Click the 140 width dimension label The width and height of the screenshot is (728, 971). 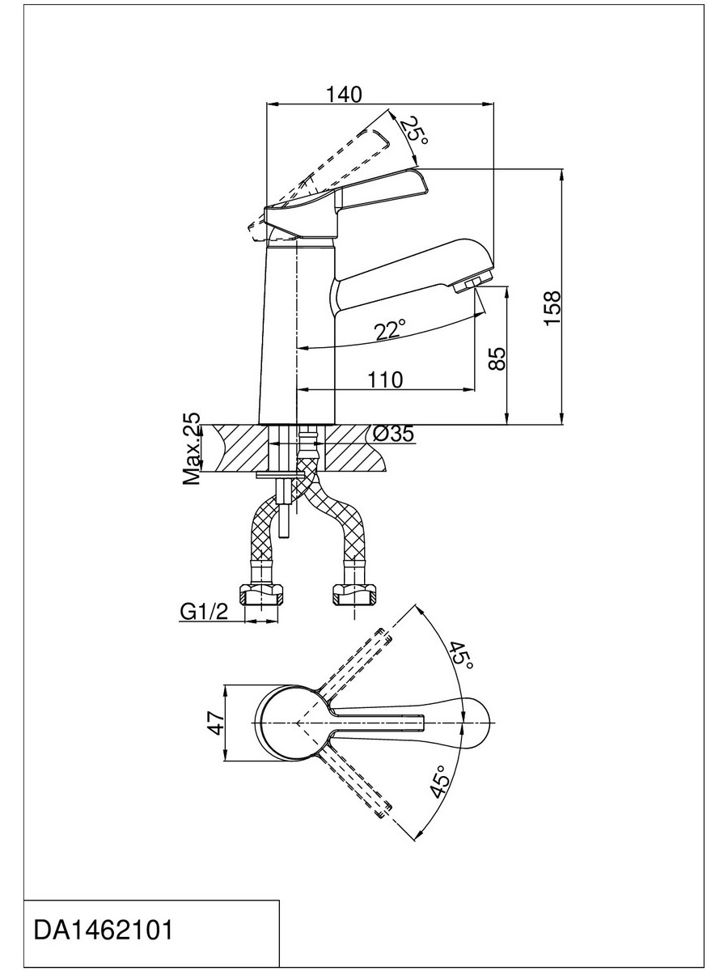(x=344, y=94)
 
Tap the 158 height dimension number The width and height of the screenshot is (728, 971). (x=552, y=308)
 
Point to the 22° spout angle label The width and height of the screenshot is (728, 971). (x=390, y=330)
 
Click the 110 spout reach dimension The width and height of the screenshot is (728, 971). (x=385, y=379)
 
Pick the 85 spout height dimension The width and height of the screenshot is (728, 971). (x=497, y=358)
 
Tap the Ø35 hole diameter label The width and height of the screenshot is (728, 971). (x=393, y=434)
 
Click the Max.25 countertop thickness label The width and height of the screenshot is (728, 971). (x=192, y=449)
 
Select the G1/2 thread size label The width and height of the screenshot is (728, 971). (x=204, y=612)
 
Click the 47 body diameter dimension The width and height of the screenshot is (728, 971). (x=217, y=723)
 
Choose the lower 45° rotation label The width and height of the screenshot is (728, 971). (x=441, y=782)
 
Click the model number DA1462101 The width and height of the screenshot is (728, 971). (x=103, y=918)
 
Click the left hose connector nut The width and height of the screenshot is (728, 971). (x=260, y=594)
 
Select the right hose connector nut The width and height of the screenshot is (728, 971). (x=354, y=594)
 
